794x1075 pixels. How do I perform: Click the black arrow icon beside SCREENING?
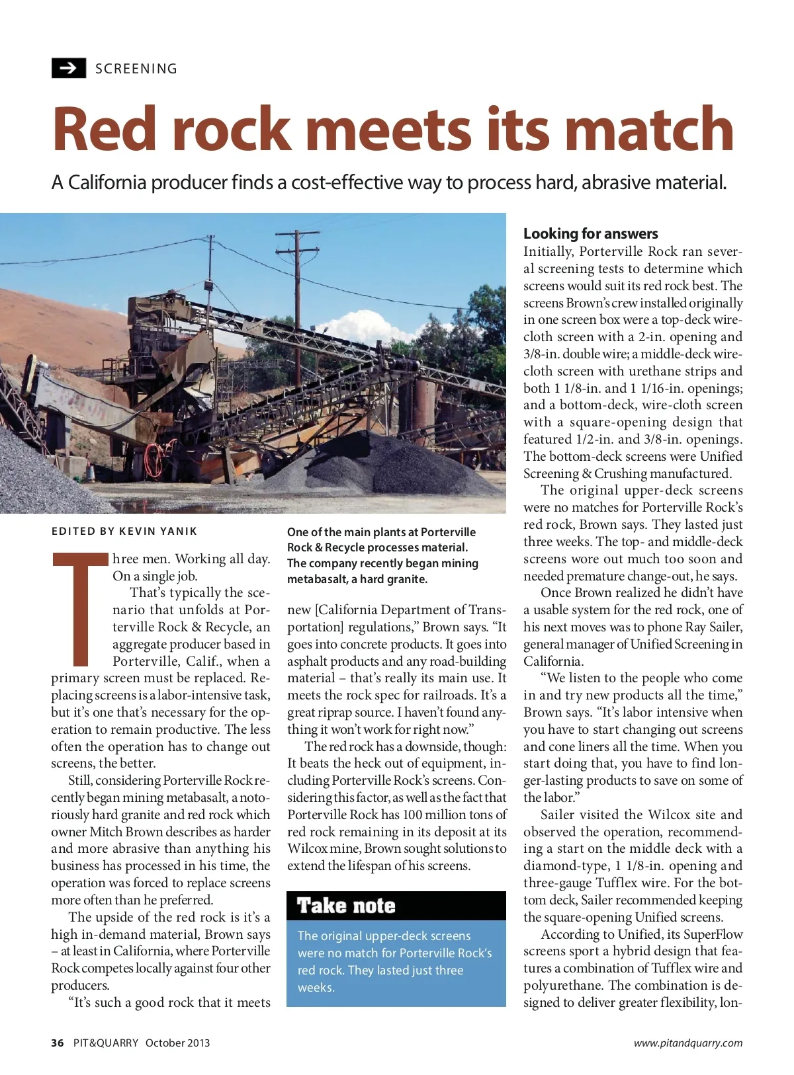(69, 68)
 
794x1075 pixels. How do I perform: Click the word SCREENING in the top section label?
(136, 69)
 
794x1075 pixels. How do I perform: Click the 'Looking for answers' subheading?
(590, 233)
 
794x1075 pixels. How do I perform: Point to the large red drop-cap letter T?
(80, 608)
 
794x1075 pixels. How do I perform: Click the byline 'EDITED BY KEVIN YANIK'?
(124, 531)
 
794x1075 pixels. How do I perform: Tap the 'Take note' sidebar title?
(346, 906)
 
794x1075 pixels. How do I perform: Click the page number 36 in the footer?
(58, 1043)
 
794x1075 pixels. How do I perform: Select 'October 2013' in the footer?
(177, 1043)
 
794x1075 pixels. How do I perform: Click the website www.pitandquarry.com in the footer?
(687, 1043)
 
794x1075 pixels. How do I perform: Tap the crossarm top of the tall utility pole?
(297, 235)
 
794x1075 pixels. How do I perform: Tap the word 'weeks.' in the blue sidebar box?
(316, 987)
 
